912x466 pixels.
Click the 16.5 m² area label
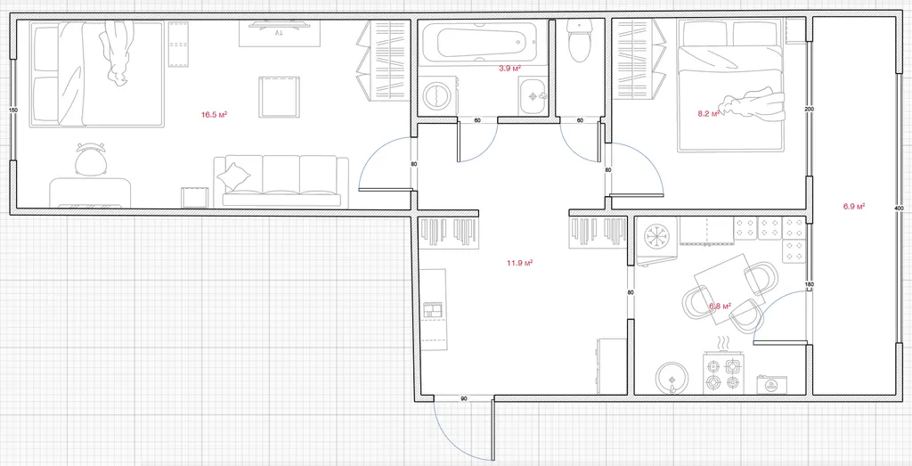[214, 115]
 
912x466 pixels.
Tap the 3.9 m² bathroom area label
[509, 68]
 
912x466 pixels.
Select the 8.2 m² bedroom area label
[709, 113]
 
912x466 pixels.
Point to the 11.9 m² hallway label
[519, 263]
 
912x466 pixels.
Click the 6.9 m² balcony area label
[854, 206]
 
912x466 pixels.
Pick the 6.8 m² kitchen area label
[720, 305]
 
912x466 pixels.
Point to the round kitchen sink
[673, 378]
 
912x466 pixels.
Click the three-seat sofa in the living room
[281, 181]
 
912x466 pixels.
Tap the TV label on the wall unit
[279, 34]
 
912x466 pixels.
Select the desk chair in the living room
[91, 159]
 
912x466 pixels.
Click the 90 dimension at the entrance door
[463, 398]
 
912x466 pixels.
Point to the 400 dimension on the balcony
[899, 208]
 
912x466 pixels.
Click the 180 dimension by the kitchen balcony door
[809, 284]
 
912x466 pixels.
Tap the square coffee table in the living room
[279, 97]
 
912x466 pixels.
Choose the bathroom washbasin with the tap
[533, 95]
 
